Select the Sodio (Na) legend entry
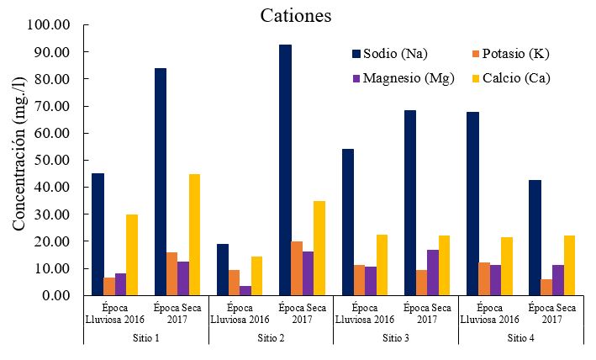(x=389, y=55)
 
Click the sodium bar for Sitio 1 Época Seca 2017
(x=160, y=182)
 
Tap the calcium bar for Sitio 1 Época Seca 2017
(x=194, y=235)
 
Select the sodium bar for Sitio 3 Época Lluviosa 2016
(x=348, y=222)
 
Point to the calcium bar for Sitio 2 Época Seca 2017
(x=319, y=248)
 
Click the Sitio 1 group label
(x=146, y=337)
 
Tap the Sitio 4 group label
(x=521, y=337)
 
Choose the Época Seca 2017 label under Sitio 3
(x=427, y=313)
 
